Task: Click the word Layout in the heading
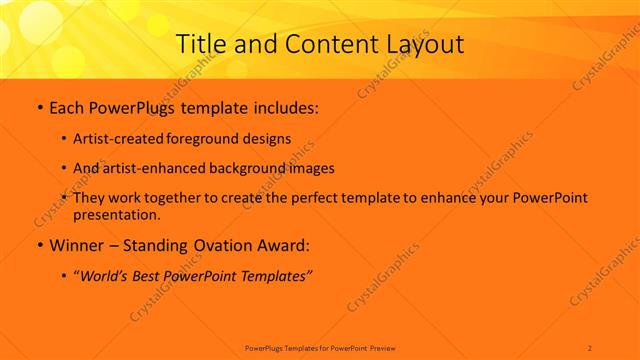pyautogui.click(x=423, y=44)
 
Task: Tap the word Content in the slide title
pyautogui.click(x=321, y=44)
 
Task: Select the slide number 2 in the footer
pyautogui.click(x=590, y=347)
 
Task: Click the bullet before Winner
pyautogui.click(x=39, y=245)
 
